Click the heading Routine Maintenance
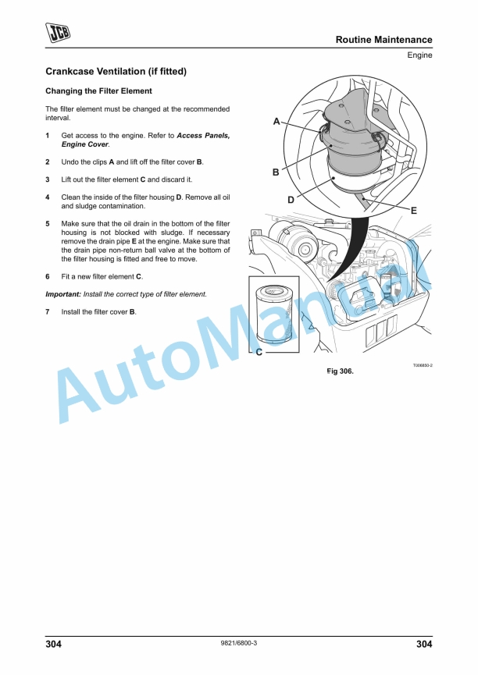pos(383,40)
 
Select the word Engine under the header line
pos(419,55)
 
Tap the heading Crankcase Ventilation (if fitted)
pos(116,72)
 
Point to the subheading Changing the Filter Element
pos(98,91)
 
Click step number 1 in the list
pos(48,136)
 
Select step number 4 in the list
pos(48,197)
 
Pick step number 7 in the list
pos(48,311)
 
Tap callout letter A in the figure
pos(276,122)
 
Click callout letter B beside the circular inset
pos(276,172)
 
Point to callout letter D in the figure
pos(291,200)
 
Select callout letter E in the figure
pos(413,211)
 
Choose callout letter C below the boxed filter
pos(259,353)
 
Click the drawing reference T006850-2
pos(423,364)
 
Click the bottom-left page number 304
pos(54,644)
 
